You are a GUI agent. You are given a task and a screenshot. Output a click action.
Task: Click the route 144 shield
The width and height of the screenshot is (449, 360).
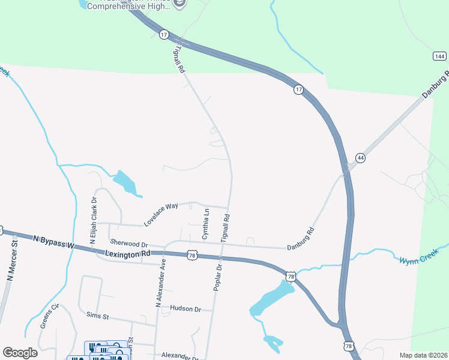(439, 56)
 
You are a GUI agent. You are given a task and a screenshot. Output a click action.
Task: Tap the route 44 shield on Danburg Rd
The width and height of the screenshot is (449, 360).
(360, 158)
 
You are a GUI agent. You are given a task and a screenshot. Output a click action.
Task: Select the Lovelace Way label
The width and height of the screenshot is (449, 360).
(161, 215)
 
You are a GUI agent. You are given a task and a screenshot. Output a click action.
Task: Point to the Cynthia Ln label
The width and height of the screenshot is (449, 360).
(206, 224)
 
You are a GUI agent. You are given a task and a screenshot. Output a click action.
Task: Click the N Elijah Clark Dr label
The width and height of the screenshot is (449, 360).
(93, 222)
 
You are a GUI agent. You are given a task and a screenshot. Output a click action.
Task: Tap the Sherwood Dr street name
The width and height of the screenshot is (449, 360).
(128, 244)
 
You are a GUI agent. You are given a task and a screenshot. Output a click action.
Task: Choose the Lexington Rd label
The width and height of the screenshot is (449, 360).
(128, 254)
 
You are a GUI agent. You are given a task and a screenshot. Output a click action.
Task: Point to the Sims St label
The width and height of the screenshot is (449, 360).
(97, 315)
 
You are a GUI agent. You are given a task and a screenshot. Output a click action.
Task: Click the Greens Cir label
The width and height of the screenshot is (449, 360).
(50, 316)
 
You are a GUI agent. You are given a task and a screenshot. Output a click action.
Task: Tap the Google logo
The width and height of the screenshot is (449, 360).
(20, 353)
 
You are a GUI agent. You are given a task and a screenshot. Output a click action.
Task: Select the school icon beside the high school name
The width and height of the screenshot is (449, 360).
(179, 3)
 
